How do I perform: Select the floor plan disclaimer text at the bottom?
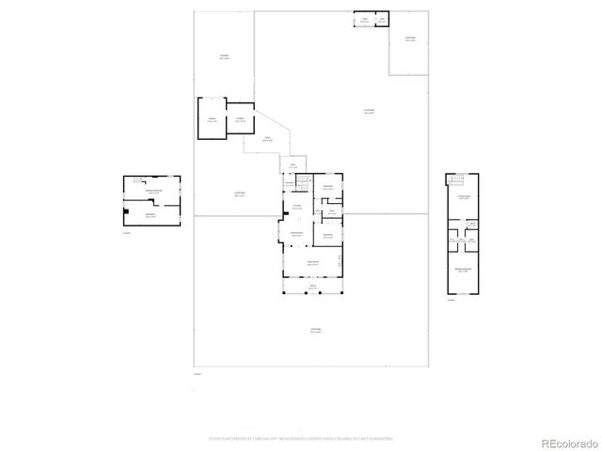[301, 438]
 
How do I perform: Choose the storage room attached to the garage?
[241, 118]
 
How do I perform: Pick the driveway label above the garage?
[225, 57]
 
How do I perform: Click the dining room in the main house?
[296, 234]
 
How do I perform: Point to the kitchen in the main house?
[296, 206]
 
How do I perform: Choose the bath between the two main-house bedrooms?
[332, 210]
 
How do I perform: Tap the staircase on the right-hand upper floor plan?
[458, 180]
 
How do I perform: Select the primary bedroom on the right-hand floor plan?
[463, 270]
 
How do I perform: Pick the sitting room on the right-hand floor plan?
[463, 198]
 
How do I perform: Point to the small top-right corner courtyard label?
[410, 39]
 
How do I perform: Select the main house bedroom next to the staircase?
[327, 187]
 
